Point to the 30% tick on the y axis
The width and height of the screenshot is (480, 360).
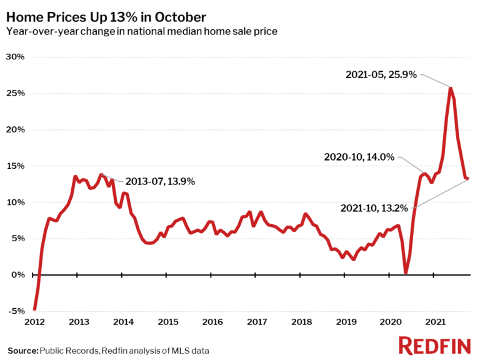click(15, 57)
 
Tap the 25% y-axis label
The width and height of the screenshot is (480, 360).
click(15, 93)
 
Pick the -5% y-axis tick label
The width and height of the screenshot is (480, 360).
click(16, 311)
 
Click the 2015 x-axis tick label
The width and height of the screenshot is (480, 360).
click(167, 322)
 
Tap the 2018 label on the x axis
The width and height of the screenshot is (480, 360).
click(301, 322)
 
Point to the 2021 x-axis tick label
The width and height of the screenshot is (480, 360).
click(436, 322)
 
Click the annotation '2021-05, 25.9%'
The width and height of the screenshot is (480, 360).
click(381, 74)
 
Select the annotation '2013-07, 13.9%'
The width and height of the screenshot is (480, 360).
click(161, 182)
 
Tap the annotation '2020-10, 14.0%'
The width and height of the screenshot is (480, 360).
click(359, 157)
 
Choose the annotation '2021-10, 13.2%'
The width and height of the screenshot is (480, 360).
click(377, 207)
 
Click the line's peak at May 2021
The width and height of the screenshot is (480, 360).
click(451, 87)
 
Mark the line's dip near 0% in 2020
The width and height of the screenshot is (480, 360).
click(406, 272)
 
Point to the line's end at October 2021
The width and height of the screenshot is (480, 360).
click(468, 179)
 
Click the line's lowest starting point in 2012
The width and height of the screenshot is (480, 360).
click(34, 309)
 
